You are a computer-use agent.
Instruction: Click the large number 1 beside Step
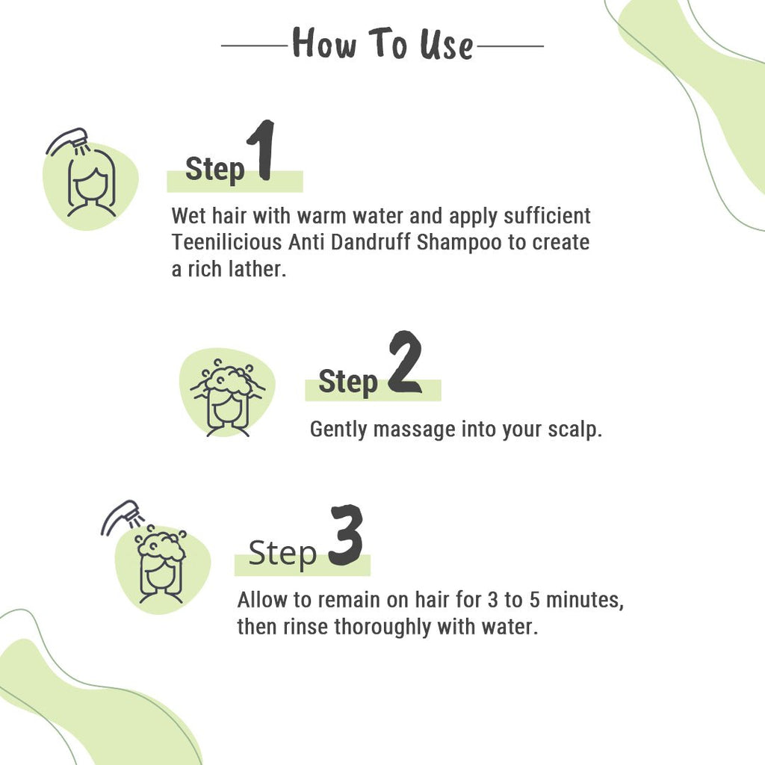point(261,151)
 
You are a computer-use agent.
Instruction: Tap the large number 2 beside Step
point(404,363)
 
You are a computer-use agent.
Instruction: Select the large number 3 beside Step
point(346,536)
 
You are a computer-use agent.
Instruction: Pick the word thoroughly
point(388,626)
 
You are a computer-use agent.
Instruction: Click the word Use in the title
point(446,44)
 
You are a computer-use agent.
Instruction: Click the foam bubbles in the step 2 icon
point(227,377)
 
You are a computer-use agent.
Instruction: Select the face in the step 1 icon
point(92,187)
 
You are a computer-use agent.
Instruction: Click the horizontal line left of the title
point(254,46)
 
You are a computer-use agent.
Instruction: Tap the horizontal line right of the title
point(510,46)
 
